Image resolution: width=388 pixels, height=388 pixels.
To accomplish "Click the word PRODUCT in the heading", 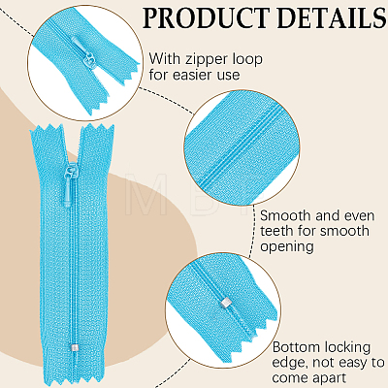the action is coord(206,17).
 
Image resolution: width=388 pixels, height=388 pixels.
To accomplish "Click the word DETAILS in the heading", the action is coord(332,17).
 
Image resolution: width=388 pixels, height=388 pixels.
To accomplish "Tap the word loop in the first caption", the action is coord(247,60).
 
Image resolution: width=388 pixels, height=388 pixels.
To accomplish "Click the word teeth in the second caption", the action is coord(277,231).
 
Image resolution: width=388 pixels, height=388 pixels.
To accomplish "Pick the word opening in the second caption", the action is coord(287,247).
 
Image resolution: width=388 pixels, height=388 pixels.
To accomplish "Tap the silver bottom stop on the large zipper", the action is coord(75,348).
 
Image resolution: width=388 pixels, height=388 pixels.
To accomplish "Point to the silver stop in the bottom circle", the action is coord(225,303).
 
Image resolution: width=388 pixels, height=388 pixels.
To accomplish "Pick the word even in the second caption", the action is coord(359,215).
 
